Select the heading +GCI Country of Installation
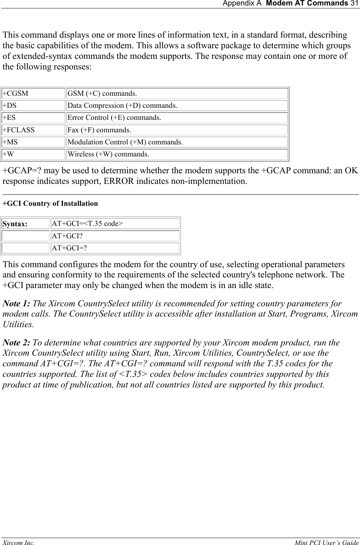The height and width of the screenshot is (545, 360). (50, 204)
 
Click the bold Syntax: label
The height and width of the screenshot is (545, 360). (15, 224)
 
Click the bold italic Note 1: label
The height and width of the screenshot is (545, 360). (17, 304)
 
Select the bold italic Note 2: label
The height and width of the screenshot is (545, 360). (17, 343)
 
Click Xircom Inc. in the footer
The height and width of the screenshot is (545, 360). (19, 543)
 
